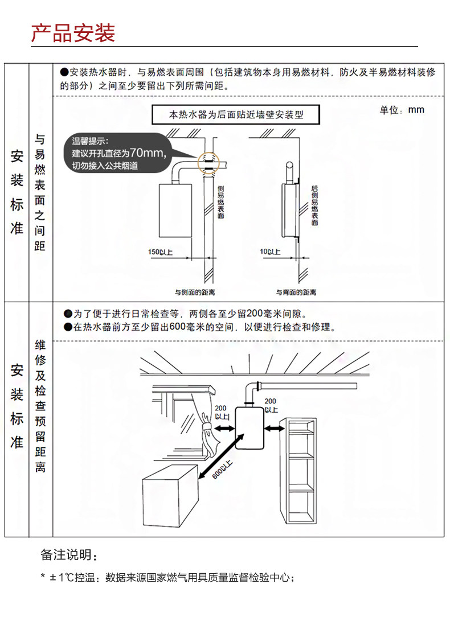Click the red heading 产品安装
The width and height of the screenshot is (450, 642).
pyautogui.click(x=73, y=33)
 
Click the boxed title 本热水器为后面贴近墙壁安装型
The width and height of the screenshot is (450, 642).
pyautogui.click(x=236, y=114)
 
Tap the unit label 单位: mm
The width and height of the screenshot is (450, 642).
pyautogui.click(x=402, y=110)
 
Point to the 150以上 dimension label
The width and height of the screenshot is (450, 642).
pyautogui.click(x=160, y=251)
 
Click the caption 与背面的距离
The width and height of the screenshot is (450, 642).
pyautogui.click(x=296, y=292)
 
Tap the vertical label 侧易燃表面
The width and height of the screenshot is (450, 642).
pyautogui.click(x=221, y=201)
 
